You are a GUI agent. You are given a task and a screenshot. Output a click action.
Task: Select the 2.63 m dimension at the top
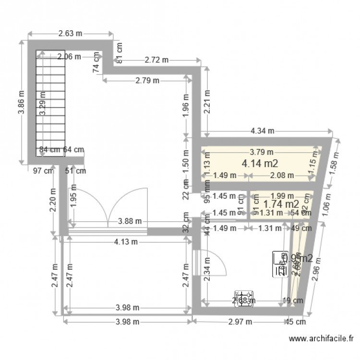click(x=70, y=34)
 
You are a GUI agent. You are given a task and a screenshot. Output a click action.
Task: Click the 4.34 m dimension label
click(x=263, y=131)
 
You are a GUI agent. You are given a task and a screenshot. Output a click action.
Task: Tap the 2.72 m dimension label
click(x=156, y=60)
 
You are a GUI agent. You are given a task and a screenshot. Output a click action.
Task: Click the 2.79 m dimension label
click(x=147, y=81)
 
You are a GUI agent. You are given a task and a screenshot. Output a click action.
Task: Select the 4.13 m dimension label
click(x=126, y=242)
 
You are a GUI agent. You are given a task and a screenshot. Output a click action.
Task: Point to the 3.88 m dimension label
click(x=130, y=221)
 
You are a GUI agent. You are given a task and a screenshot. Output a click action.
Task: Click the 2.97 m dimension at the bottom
click(x=240, y=322)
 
